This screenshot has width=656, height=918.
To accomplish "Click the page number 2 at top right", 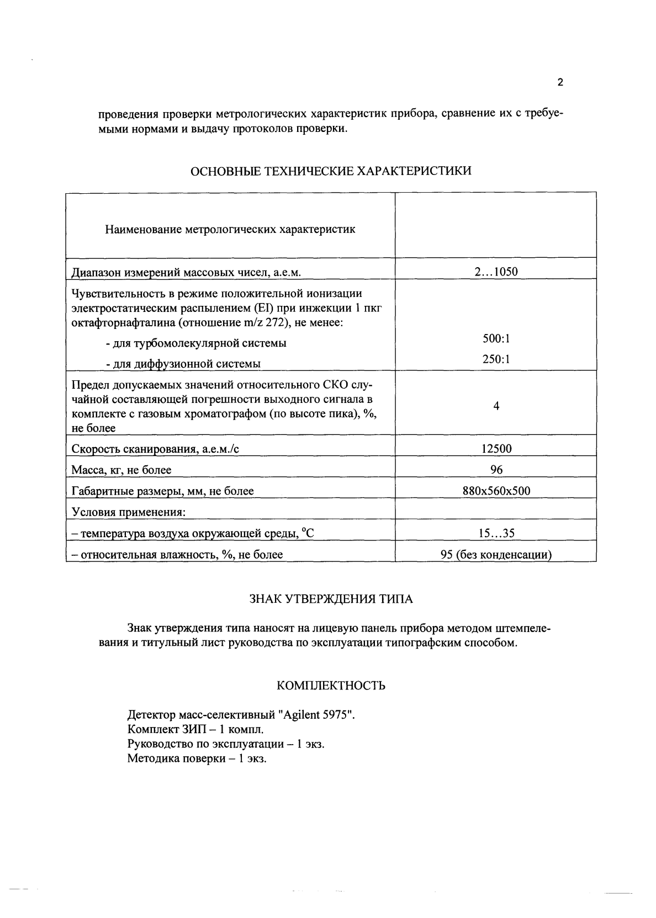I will coord(560,83).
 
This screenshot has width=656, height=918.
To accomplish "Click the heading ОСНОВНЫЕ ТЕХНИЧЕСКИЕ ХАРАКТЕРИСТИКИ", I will coord(331,171).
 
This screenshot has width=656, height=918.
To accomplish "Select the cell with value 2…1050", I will coord(496,272).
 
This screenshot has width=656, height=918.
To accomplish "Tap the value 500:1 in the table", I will coord(496,338).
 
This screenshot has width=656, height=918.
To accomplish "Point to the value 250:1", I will coord(496,359).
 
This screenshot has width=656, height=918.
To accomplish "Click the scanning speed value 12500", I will coord(496,449).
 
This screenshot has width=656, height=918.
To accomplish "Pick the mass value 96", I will coord(496,470).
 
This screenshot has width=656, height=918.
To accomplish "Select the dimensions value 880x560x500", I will coord(496,491).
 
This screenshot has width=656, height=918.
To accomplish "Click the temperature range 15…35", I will coord(496,533).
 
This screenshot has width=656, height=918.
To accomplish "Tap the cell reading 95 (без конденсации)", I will coord(496,555).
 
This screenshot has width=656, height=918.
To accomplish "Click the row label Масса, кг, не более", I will coord(121,470).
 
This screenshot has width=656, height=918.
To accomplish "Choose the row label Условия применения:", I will coord(128,512).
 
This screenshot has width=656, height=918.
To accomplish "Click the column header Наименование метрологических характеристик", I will coord(230,229).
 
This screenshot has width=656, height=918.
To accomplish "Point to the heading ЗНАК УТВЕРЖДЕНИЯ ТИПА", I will coord(331,599).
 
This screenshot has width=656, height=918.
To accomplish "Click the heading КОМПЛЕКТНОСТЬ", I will coord(331,686).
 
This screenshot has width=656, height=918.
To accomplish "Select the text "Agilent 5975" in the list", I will coord(318,715).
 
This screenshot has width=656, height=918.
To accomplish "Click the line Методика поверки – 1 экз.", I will coord(197,758).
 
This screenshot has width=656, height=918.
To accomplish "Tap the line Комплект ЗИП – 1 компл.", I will coord(192,729).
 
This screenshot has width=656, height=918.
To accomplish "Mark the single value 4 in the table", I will coord(496,406).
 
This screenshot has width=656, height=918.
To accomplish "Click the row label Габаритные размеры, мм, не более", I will coord(163,491).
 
